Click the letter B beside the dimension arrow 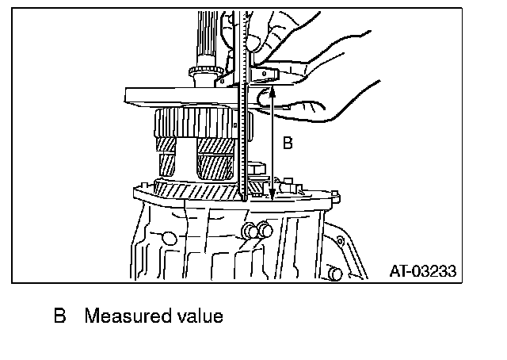[288, 144]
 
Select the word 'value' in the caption [200, 316]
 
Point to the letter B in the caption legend [59, 316]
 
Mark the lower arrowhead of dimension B [273, 198]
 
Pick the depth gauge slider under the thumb [261, 75]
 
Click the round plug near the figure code [336, 273]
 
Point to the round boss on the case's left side [167, 237]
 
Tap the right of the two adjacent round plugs [265, 230]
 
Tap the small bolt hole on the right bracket [341, 237]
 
